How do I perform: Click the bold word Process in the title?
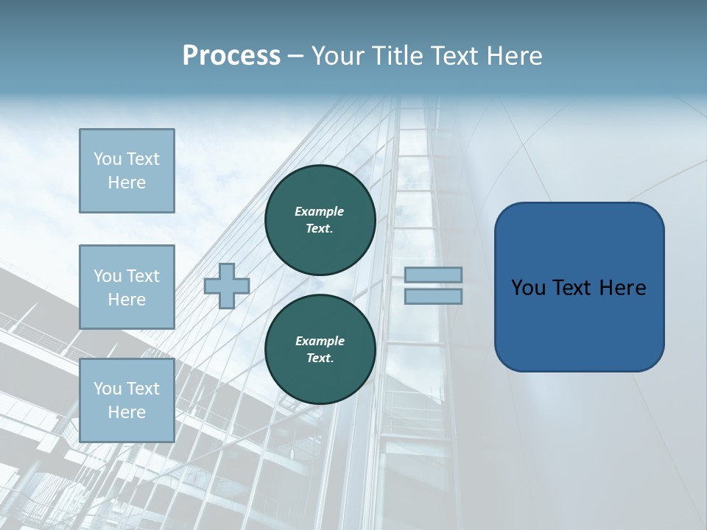(231, 56)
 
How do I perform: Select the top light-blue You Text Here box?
(127, 171)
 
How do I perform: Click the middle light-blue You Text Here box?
(127, 287)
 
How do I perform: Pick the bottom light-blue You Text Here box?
(127, 400)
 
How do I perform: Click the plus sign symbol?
(226, 286)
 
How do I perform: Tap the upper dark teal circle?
(320, 220)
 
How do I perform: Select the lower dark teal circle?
(320, 350)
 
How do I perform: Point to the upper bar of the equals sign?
(433, 275)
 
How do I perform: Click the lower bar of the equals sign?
(433, 296)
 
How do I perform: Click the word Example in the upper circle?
(320, 211)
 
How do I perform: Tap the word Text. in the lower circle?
(320, 358)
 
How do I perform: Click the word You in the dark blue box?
(528, 288)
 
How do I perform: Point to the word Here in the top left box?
(127, 183)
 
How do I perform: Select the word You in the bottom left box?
(108, 388)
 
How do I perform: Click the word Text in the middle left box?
(142, 276)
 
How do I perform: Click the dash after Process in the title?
(295, 56)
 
